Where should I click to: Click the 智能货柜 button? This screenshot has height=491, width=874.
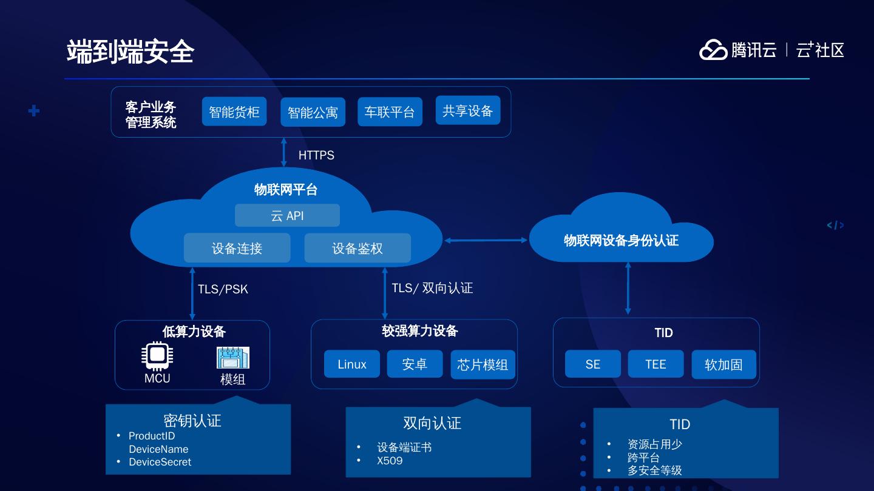234,112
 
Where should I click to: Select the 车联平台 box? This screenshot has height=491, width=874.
389,112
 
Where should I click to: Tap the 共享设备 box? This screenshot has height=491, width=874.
467,110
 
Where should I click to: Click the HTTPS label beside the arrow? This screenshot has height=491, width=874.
316,155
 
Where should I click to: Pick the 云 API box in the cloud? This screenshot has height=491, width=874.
287,216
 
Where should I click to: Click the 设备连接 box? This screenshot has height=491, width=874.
237,248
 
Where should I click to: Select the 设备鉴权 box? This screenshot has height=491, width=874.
357,248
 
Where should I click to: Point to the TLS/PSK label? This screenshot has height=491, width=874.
223,289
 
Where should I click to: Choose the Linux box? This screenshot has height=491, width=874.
352,364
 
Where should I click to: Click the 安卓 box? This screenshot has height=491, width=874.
415,364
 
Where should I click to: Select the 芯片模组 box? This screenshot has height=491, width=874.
483,364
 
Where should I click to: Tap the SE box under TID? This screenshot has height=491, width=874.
593,364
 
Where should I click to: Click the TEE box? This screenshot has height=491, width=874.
655,364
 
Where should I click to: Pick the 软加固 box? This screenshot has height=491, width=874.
723,364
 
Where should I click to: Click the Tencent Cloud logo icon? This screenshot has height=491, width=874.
713,50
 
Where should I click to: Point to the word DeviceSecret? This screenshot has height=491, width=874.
160,462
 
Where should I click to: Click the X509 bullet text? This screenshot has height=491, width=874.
390,460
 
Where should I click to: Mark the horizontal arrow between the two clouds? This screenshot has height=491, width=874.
486,240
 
